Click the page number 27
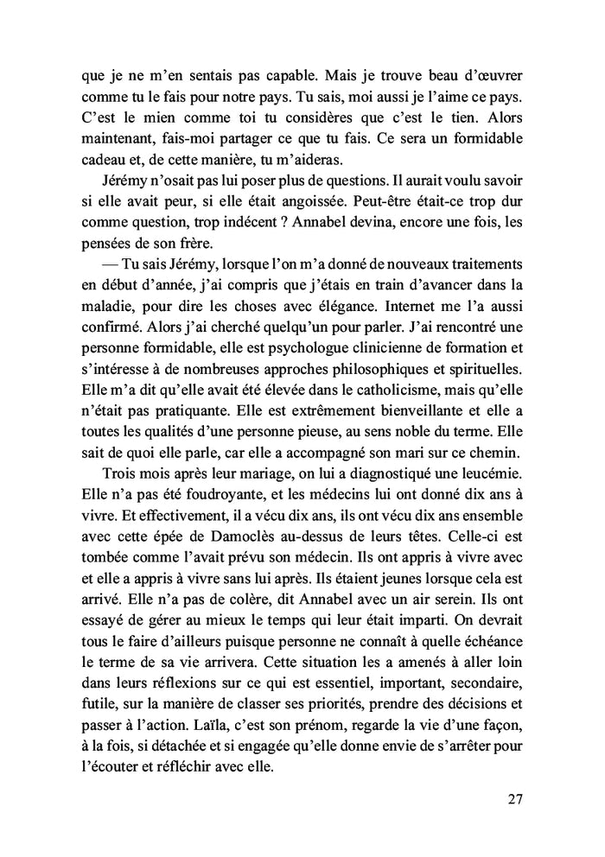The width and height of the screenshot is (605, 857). [x=514, y=797]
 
